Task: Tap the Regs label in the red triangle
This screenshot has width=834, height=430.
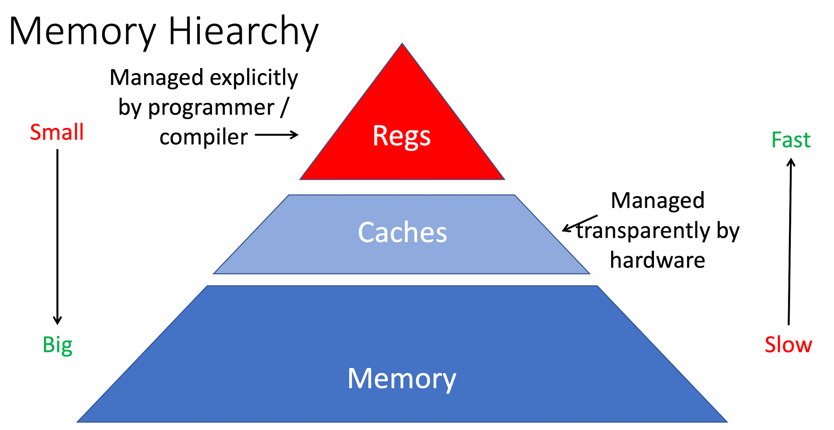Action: point(401,136)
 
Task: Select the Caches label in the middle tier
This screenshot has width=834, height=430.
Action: point(402,232)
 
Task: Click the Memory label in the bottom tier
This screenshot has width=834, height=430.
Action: point(401,378)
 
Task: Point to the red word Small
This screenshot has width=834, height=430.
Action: point(57,132)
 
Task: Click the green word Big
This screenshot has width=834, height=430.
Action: point(57,345)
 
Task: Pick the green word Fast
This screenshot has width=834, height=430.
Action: point(791,140)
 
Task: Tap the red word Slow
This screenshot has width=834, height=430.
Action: point(788,345)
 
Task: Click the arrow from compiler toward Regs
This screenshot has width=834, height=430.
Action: point(276,134)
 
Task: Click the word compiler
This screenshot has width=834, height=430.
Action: point(204,137)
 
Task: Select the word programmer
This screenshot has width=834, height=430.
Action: point(211,107)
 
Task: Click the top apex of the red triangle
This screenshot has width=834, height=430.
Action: point(402,45)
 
